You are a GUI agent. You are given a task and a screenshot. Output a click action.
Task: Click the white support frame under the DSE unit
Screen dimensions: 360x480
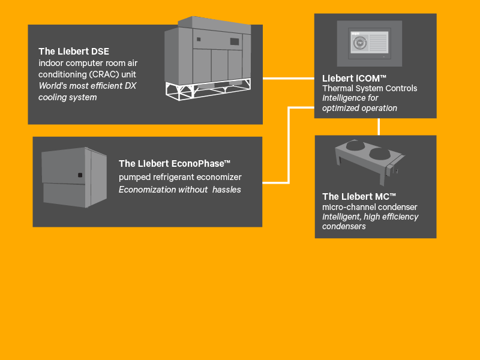(207, 88)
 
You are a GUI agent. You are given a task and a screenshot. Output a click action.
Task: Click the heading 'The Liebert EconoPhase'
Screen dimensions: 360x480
(175, 163)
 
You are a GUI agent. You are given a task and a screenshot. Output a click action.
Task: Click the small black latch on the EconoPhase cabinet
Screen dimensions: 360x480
(80, 175)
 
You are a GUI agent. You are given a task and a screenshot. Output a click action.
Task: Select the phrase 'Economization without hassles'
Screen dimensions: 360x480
(179, 190)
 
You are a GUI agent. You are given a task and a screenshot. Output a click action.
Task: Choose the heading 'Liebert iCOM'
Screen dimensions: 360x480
(354, 78)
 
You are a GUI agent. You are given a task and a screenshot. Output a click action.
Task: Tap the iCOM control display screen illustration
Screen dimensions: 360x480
(368, 43)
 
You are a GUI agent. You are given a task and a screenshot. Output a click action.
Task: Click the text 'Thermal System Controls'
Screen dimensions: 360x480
(370, 88)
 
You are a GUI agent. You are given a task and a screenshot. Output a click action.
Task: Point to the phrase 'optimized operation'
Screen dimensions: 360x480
(359, 108)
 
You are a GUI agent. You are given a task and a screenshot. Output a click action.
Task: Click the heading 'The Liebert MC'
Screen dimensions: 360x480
(359, 196)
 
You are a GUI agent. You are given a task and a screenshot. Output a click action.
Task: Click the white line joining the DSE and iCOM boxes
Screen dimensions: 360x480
(288, 78)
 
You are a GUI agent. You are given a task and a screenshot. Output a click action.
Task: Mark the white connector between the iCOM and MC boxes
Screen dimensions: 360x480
(379, 127)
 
